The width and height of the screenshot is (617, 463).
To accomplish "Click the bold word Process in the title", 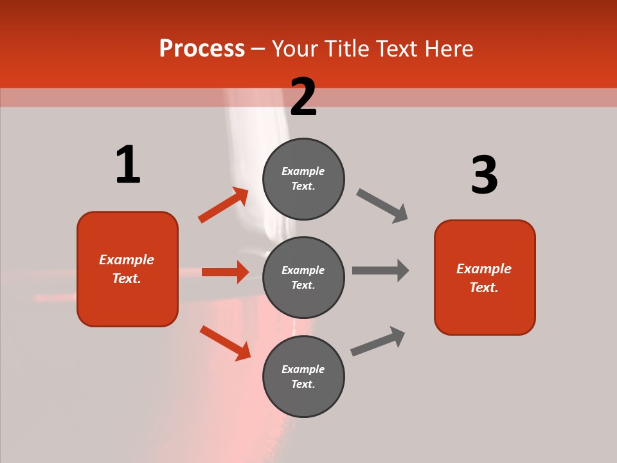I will [x=202, y=49].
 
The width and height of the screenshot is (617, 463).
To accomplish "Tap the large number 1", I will [x=128, y=165].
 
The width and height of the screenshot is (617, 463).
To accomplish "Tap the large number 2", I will [x=303, y=97].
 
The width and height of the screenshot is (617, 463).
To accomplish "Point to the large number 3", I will [x=484, y=175].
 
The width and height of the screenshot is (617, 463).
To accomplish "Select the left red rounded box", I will [x=127, y=269].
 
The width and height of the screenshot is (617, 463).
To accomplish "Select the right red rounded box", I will [x=485, y=277].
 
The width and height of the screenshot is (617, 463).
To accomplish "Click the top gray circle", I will [x=303, y=179].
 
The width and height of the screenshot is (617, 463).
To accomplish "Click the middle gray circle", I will [x=303, y=277].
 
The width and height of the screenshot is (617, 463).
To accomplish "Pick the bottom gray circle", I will [x=303, y=376].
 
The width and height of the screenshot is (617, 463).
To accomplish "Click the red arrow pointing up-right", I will [x=224, y=205].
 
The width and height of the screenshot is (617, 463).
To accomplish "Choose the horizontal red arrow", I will [x=225, y=272].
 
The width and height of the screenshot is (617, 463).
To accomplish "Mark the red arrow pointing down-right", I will [x=225, y=343].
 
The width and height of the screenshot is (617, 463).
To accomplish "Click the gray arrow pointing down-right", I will [x=382, y=206].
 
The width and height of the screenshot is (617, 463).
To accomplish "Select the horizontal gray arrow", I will [x=380, y=271].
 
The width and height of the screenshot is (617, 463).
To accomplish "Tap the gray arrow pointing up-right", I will [x=378, y=341].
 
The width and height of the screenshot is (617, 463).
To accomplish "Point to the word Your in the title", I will [x=294, y=49].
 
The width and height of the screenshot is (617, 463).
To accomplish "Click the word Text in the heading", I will [x=395, y=49].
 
